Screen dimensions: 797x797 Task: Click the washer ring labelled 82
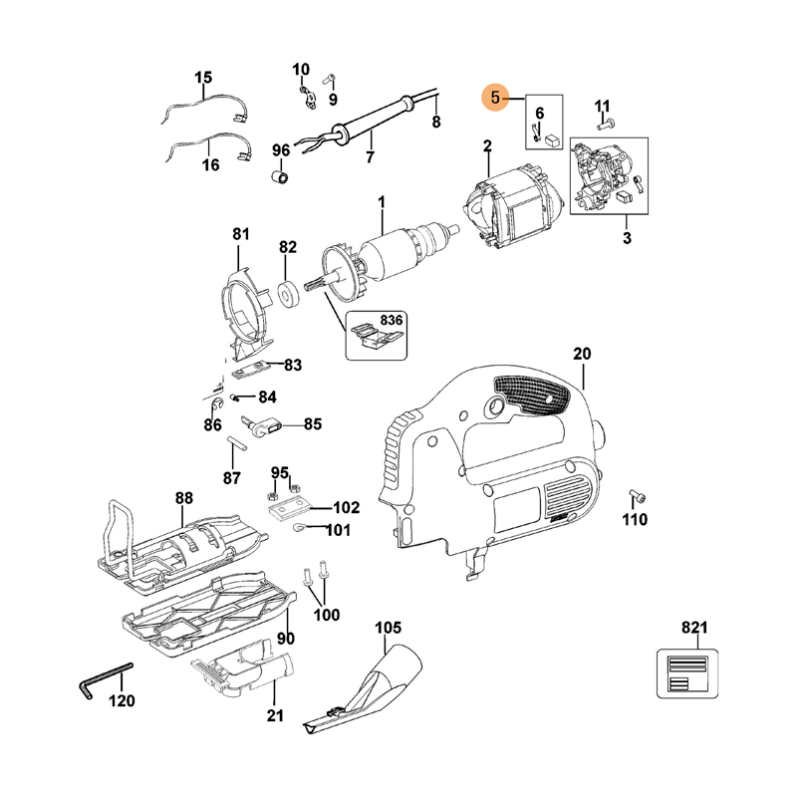(289, 296)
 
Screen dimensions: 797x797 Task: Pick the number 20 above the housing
(583, 355)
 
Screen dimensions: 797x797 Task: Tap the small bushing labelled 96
(281, 177)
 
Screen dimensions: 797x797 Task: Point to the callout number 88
(183, 497)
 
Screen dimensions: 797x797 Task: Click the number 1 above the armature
(381, 203)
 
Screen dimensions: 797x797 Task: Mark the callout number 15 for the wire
(203, 77)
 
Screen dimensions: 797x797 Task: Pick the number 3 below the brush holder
(627, 238)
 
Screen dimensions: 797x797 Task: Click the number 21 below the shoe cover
(276, 714)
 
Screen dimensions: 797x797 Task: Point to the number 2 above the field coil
(488, 147)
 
